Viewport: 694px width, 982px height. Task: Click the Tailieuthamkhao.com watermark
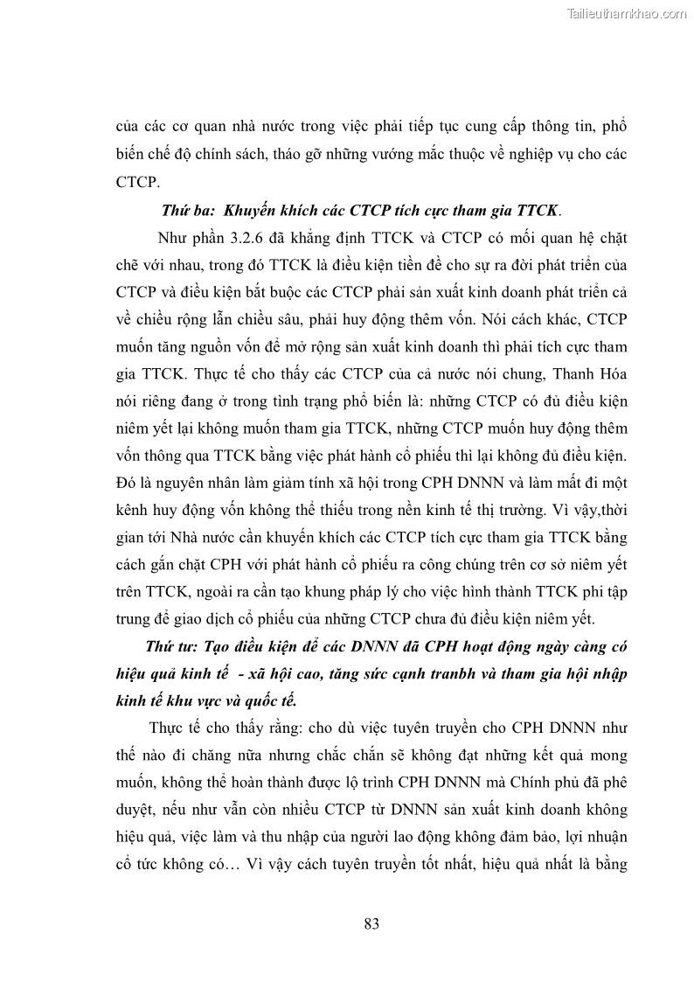(x=628, y=13)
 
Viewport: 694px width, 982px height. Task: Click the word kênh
(x=132, y=510)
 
